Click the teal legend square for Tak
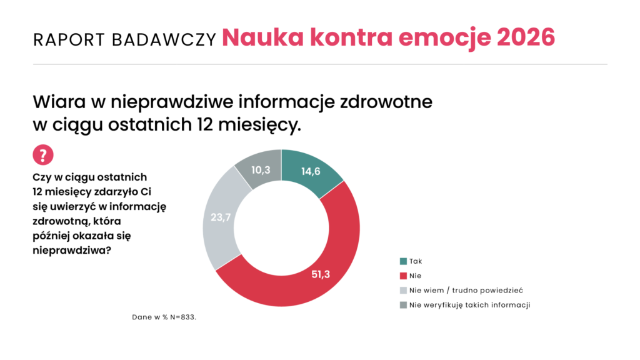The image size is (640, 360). click(403, 261)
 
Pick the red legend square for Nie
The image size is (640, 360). click(403, 275)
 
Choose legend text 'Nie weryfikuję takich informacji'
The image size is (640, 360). click(469, 305)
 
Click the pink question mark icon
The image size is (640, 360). click(42, 155)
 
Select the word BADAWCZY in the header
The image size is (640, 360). click(163, 39)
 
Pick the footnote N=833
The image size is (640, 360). click(184, 317)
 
